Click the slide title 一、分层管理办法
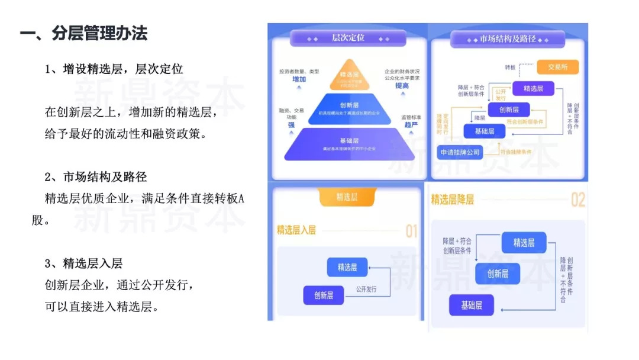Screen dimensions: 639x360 pos(83,33)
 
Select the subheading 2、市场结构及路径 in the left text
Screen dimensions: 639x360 pos(96,177)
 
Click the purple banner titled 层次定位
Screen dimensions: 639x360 pos(348,38)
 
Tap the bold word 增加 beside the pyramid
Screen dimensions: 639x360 pos(299,79)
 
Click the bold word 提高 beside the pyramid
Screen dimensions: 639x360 pos(402,85)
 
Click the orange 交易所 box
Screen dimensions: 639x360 pos(557,67)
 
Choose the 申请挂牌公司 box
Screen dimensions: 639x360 pos(460,152)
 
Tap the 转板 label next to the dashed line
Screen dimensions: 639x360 pos(510,67)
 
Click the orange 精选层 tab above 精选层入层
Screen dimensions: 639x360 pos(347,197)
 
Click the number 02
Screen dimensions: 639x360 pos(577,200)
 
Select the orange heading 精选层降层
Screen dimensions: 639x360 pos(453,200)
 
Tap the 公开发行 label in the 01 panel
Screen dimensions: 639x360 pos(366,290)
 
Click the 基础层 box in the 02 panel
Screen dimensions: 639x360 pos(472,306)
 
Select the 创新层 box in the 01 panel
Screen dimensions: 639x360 pos(323,295)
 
